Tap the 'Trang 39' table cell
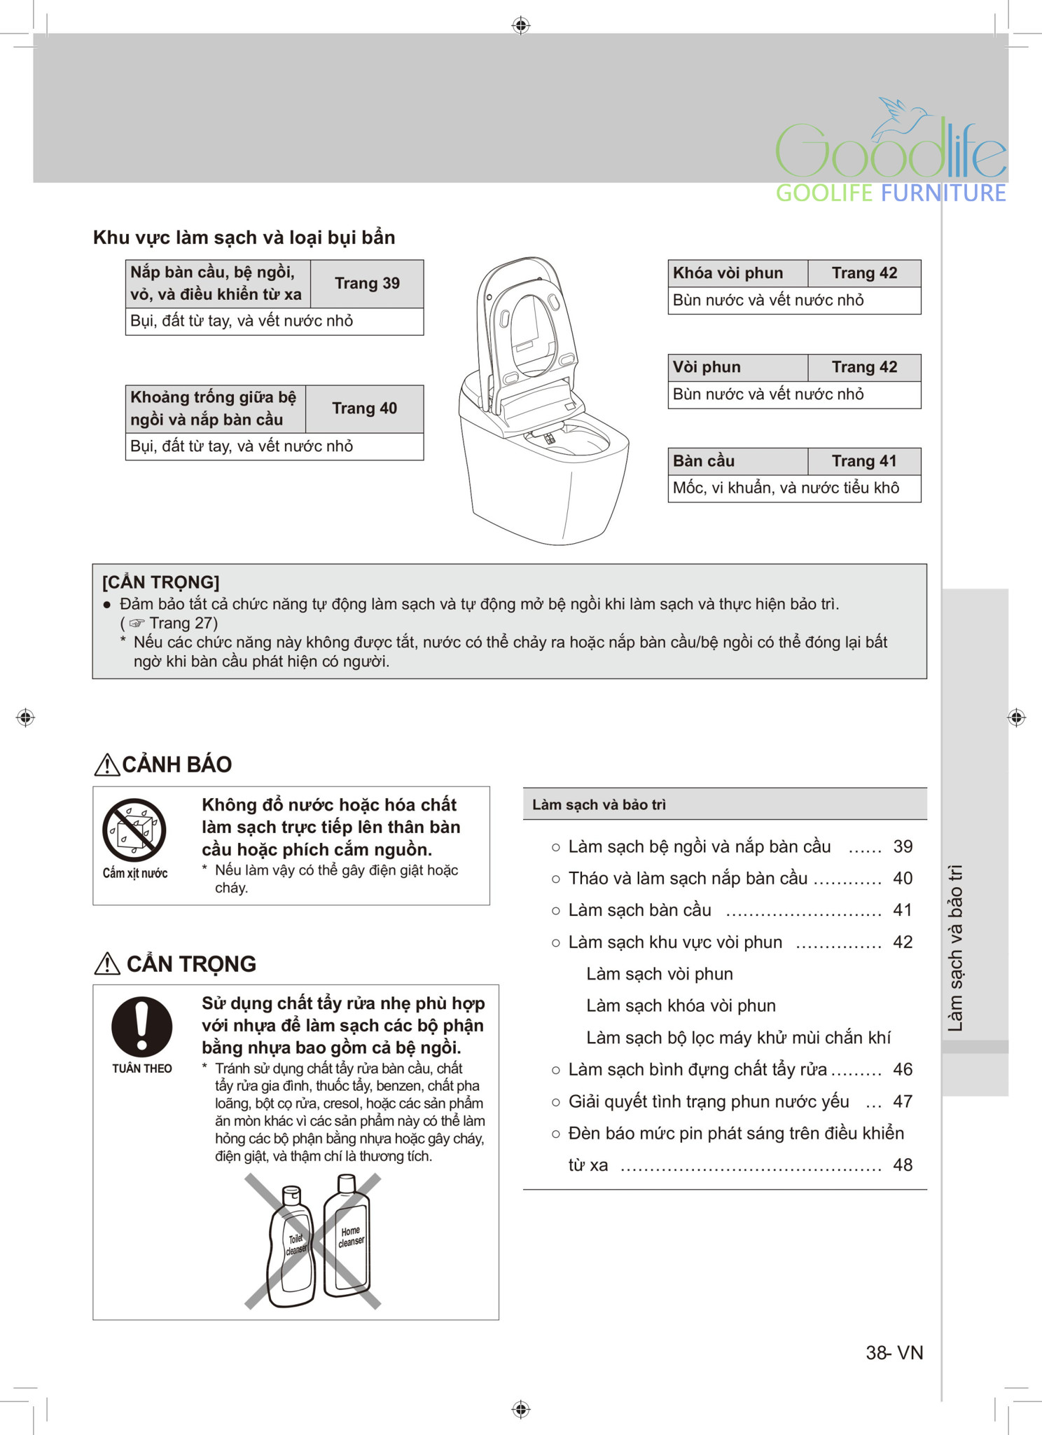pos(367,284)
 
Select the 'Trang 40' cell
pos(364,408)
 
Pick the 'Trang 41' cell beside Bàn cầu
pos(864,461)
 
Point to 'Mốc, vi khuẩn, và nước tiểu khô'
pos(786,488)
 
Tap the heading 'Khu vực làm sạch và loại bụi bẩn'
pos(244,238)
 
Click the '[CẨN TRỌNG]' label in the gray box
pos(161,582)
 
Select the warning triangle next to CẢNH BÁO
pos(106,764)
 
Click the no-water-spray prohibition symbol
pos(134,830)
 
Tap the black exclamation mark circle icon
pos(141,1027)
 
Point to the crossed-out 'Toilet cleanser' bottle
pos(291,1247)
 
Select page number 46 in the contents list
pos(903,1069)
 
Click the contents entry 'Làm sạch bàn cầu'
pos(639,910)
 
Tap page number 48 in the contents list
pos(903,1165)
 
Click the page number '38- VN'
pos(894,1352)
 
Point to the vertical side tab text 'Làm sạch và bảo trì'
pos(955,947)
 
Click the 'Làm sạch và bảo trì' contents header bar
pos(724,804)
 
